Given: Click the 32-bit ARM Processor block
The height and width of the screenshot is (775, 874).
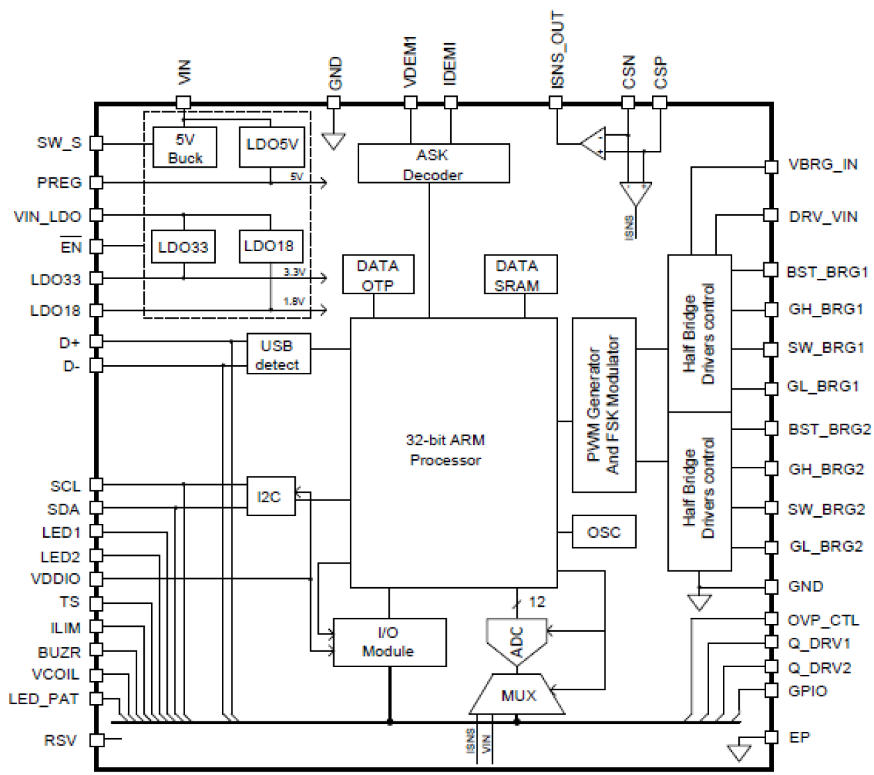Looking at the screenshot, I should pyautogui.click(x=453, y=452).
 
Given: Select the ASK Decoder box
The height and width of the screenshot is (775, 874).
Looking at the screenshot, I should pyautogui.click(x=433, y=163).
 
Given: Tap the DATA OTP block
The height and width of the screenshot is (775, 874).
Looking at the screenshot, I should pyautogui.click(x=378, y=274).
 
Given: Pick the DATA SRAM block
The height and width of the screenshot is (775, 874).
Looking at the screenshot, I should pyautogui.click(x=516, y=274).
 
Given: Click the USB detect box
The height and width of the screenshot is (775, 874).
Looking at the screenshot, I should pyautogui.click(x=278, y=354).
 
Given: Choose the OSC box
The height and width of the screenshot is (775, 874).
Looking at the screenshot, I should pyautogui.click(x=603, y=532).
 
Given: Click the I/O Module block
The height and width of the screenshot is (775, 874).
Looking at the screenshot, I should pyautogui.click(x=389, y=642).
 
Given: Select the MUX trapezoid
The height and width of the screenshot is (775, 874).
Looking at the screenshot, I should pyautogui.click(x=518, y=695).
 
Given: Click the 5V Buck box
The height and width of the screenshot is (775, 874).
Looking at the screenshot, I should pyautogui.click(x=185, y=148).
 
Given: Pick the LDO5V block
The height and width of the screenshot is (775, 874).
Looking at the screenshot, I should pyautogui.click(x=271, y=146).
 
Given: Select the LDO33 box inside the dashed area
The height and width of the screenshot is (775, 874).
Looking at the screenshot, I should pyautogui.click(x=182, y=247).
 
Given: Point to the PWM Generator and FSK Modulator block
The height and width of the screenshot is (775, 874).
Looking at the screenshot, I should pyautogui.click(x=603, y=405).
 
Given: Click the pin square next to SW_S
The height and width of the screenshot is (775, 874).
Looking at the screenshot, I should pyautogui.click(x=97, y=143).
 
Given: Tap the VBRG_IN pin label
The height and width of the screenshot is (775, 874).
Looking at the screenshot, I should pyautogui.click(x=823, y=165).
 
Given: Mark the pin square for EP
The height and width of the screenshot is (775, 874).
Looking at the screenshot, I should pyautogui.click(x=770, y=737).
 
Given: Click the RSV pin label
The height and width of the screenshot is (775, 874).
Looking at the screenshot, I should pyautogui.click(x=60, y=740).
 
